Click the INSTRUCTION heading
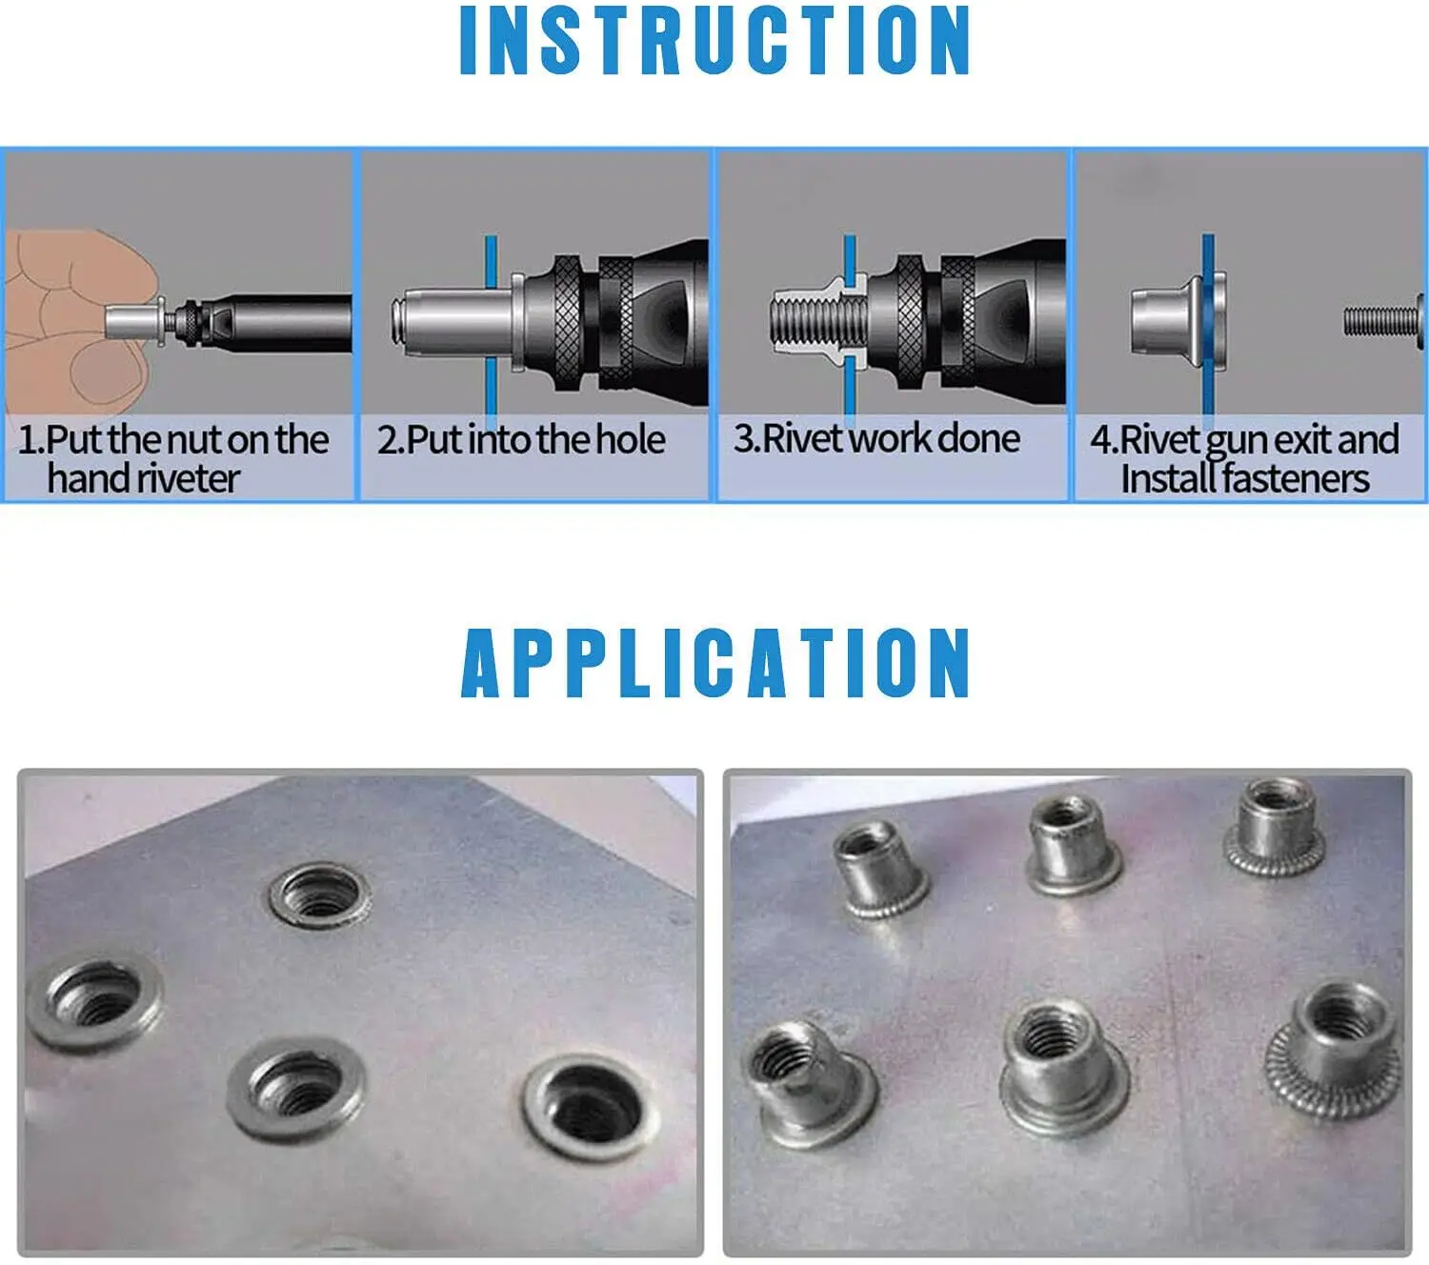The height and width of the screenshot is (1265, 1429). point(714,40)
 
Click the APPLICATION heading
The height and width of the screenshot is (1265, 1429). point(715,663)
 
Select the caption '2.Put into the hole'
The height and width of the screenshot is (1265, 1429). point(521,440)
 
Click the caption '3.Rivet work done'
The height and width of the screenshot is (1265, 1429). point(876,439)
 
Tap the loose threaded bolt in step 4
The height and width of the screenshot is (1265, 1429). point(1381,321)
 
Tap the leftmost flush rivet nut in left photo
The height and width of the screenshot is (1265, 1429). point(93,1003)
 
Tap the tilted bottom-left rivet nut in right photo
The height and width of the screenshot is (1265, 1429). point(810,1081)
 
